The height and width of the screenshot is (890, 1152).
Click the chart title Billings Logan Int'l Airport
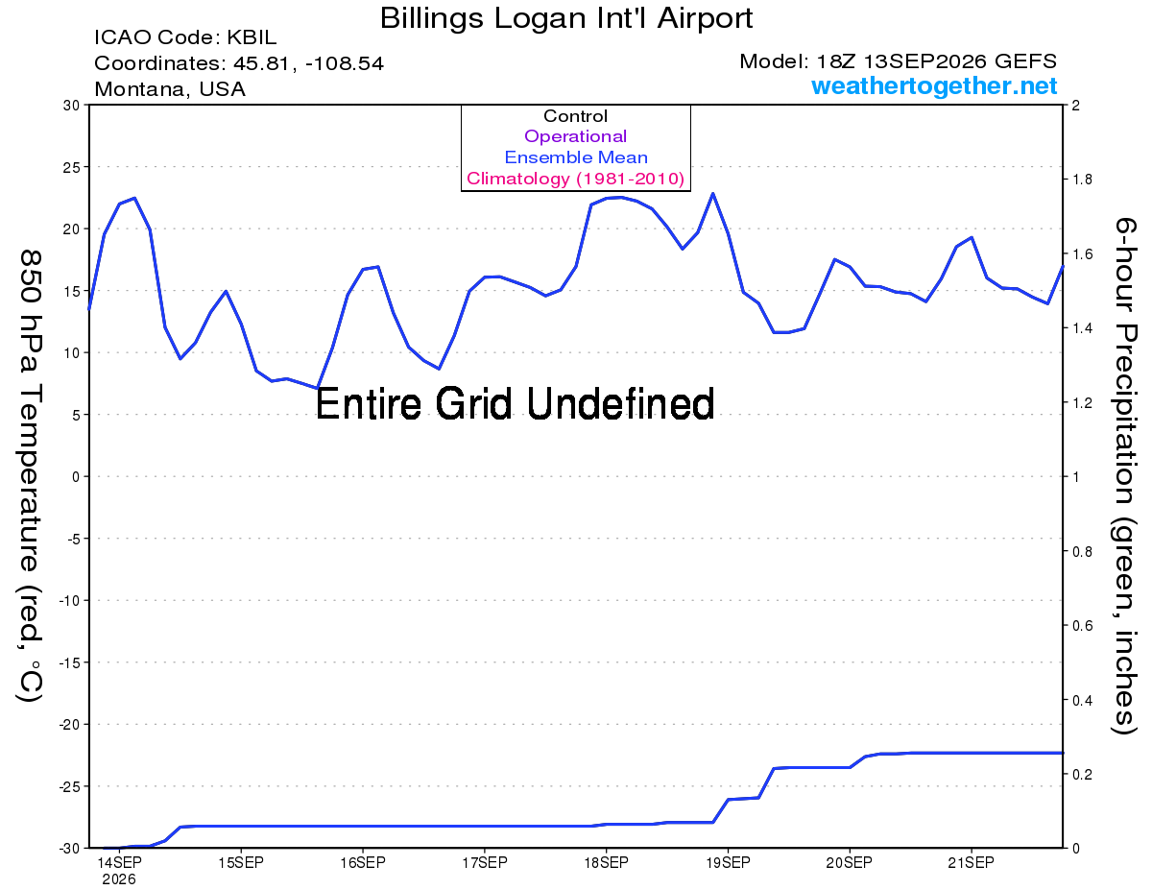pos(566,18)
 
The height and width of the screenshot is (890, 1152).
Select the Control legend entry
pos(575,115)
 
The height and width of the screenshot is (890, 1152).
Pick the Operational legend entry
pos(575,136)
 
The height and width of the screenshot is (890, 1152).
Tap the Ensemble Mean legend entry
pos(576,157)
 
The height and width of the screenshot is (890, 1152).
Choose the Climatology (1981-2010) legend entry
pos(575,179)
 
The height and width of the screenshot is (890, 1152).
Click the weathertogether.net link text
pos(934,85)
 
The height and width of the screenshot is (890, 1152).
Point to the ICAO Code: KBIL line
pos(185,37)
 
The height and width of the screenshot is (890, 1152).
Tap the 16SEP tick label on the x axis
pos(363,862)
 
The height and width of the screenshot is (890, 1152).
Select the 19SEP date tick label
pos(728,862)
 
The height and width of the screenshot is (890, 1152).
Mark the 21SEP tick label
pos(971,862)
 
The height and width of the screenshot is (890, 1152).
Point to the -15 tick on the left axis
pos(68,662)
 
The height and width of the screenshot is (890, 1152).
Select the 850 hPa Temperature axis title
pos(30,476)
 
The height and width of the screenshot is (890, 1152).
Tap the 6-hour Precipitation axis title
pos(1124,476)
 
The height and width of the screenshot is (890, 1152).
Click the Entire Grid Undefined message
pos(515,403)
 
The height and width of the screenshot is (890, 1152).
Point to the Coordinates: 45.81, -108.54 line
pos(239,63)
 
